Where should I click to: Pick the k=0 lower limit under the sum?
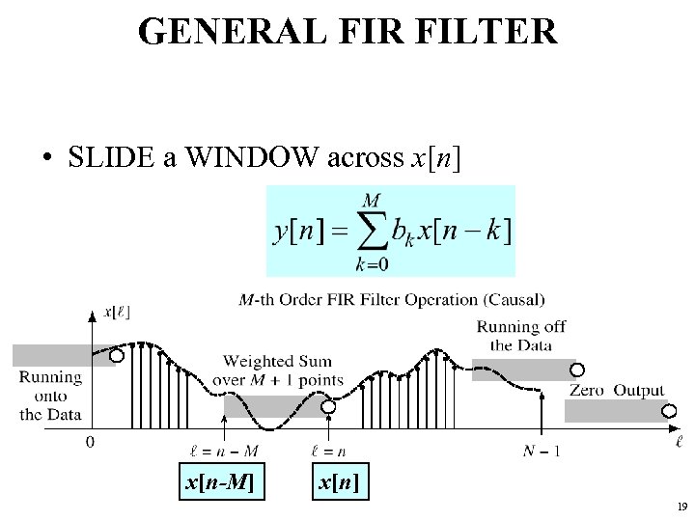click(371, 263)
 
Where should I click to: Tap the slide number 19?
click(681, 507)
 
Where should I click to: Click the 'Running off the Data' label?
click(521, 336)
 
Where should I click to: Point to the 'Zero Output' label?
click(617, 391)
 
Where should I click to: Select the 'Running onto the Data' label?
click(50, 396)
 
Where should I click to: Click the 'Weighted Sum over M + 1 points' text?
click(283, 370)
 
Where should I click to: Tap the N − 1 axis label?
click(542, 451)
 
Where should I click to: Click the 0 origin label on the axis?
click(91, 444)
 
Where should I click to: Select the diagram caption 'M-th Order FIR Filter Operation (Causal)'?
click(392, 300)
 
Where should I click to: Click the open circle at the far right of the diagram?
click(669, 410)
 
